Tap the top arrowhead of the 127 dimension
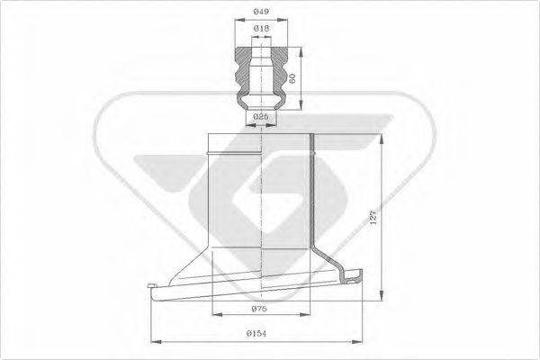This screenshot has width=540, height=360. (x=386, y=137)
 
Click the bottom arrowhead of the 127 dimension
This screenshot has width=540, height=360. (x=386, y=298)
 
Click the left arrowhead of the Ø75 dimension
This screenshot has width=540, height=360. (x=213, y=315)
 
